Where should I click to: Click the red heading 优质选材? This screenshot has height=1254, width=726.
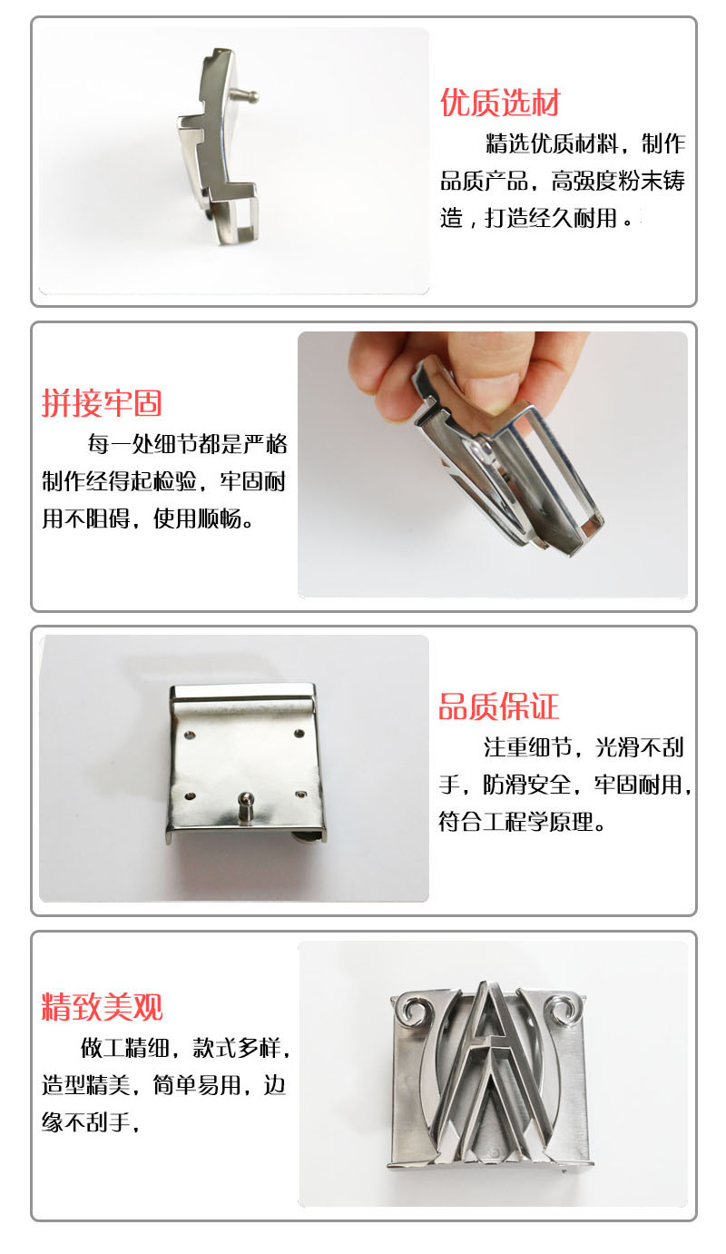coord(500,103)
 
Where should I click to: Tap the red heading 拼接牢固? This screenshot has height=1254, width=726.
coord(102,403)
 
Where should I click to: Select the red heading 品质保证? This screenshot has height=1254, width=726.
coord(499,706)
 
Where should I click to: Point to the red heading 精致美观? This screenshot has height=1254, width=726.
coord(102,1007)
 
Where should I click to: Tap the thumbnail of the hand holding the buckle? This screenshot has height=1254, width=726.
coord(492,465)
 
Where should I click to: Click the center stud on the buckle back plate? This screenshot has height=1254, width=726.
coord(245,806)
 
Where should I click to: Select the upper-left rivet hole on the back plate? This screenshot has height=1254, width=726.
coord(190,734)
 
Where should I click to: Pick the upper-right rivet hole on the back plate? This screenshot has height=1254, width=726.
coord(299,734)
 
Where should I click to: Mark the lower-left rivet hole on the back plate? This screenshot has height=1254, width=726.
coord(190,796)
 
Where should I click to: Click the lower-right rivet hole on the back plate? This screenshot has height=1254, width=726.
coord(300,795)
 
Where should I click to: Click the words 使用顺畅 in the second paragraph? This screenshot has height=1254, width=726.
coord(198,518)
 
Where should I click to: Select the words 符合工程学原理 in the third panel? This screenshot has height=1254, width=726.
coord(515,822)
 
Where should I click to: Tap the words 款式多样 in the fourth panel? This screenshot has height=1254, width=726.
coord(237,1048)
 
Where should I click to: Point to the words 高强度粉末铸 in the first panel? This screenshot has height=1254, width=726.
coord(618,181)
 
